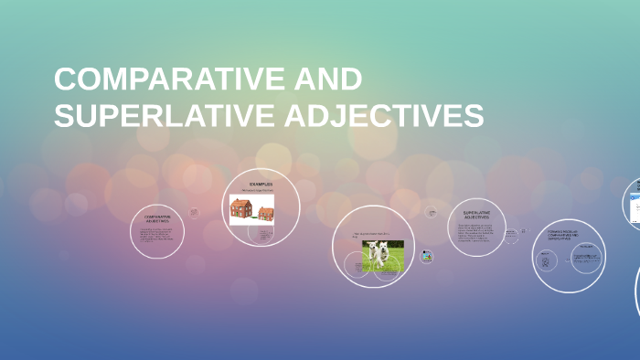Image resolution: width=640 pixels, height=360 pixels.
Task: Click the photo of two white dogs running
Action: tap(382, 256)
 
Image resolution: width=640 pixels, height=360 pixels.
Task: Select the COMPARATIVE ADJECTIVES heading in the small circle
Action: tap(157, 219)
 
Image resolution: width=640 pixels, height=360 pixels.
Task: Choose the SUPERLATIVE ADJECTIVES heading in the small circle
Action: tap(476, 216)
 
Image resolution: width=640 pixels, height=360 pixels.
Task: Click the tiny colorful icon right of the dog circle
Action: tap(426, 257)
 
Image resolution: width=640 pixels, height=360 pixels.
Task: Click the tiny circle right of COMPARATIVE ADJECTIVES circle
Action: tap(194, 213)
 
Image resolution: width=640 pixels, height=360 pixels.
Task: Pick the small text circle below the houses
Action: tap(264, 236)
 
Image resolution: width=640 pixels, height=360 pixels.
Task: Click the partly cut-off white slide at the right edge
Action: tap(634, 202)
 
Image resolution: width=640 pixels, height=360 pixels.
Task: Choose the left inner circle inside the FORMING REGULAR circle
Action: tap(546, 262)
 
